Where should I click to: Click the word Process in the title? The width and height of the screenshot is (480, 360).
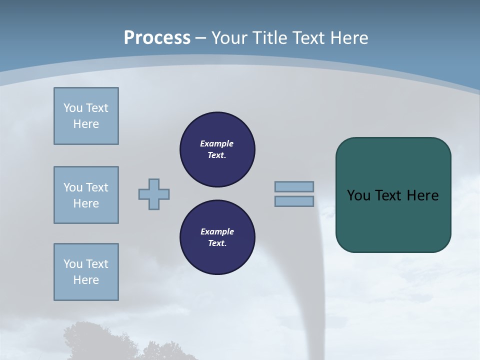[157, 37]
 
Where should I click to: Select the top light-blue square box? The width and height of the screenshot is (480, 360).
[86, 116]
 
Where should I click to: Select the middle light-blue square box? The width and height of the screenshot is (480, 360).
[86, 195]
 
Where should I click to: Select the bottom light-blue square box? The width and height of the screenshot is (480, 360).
[86, 272]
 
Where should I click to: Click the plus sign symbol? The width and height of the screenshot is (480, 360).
[154, 194]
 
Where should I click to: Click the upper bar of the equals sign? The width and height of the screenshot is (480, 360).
[294, 186]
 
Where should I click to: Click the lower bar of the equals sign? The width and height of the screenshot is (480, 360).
[294, 201]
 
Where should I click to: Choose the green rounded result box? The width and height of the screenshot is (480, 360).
[393, 220]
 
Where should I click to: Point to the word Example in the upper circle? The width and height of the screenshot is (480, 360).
[216, 143]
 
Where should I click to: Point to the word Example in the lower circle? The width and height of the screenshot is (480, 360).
[217, 231]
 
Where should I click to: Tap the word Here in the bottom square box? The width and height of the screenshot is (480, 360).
[86, 280]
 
